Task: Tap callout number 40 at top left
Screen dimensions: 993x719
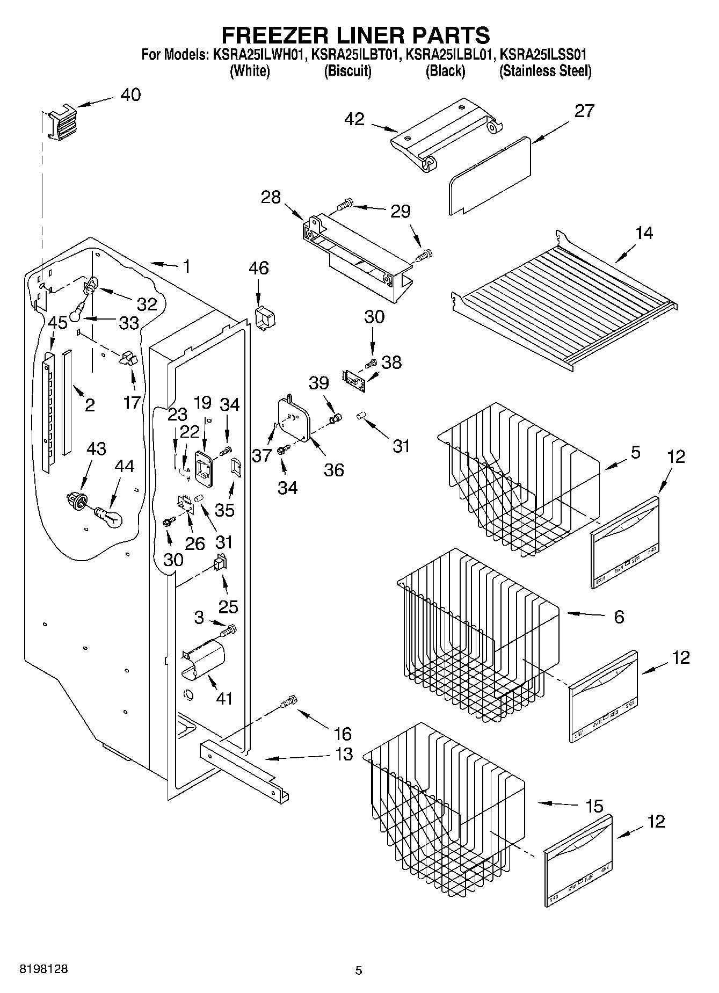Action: tap(130, 95)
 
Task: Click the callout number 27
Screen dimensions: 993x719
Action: tap(584, 111)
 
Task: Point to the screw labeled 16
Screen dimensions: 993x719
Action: tap(289, 701)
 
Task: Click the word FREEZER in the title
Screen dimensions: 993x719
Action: tap(282, 35)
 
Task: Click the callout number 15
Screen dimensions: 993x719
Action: tap(594, 806)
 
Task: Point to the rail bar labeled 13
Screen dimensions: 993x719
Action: tap(244, 765)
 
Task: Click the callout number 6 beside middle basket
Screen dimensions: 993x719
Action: tap(619, 617)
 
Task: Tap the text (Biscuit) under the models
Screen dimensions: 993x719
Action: tap(347, 71)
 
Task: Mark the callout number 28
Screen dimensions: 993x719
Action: tap(271, 197)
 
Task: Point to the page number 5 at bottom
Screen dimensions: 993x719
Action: tap(359, 970)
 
